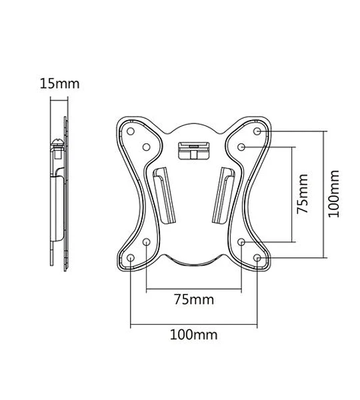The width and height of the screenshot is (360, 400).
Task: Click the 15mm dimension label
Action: tap(60, 84)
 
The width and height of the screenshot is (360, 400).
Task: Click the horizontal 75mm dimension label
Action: tap(194, 299)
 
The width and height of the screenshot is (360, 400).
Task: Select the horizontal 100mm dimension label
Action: tap(193, 335)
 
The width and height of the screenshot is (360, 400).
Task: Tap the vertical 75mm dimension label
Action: tap(303, 193)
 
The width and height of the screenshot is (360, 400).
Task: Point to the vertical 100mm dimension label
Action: tap(333, 193)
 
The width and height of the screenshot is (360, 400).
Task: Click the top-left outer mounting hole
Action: tap(131, 131)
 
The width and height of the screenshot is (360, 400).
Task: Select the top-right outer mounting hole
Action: tap(257, 131)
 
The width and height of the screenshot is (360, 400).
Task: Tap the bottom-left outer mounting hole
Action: tap(131, 258)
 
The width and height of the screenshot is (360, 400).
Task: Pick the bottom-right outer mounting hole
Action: tap(257, 258)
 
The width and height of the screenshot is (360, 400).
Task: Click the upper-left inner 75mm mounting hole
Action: tap(146, 147)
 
